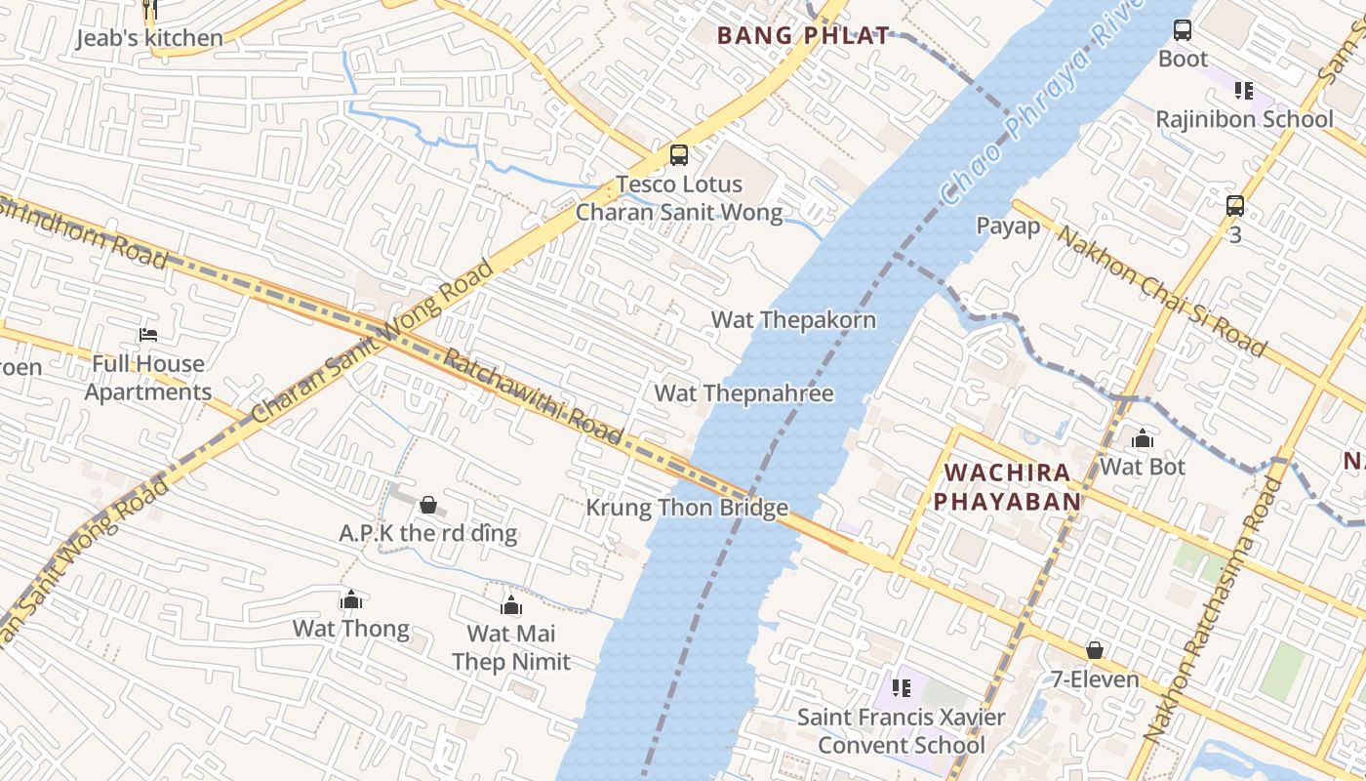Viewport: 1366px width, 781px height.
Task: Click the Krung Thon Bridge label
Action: click(686, 508)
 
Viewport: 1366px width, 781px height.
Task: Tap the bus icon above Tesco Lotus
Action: click(678, 155)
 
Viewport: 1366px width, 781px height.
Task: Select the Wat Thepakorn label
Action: click(793, 320)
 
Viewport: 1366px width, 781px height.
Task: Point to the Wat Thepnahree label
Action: click(743, 393)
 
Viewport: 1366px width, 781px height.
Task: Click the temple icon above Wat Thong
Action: click(350, 599)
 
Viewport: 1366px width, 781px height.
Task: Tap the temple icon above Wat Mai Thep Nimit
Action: click(510, 605)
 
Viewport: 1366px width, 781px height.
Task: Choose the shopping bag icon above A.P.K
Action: click(427, 505)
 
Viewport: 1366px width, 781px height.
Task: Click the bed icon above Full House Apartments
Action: click(148, 335)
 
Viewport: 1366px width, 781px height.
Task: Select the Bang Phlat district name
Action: click(804, 36)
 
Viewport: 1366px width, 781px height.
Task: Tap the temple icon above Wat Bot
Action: click(1142, 438)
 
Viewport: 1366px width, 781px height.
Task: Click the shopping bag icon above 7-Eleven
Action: click(1095, 650)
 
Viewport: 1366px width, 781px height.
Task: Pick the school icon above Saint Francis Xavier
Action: click(902, 688)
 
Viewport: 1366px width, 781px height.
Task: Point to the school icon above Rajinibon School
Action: click(1243, 91)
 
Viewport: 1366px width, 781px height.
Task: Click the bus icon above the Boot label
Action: click(1183, 30)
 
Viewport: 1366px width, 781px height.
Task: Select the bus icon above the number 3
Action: click(1235, 206)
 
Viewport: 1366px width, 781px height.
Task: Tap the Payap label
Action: click(1008, 226)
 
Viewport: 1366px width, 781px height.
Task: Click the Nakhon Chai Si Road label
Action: click(1162, 292)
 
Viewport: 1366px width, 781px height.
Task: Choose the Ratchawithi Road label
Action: click(533, 396)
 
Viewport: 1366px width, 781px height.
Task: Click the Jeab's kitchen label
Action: click(149, 38)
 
